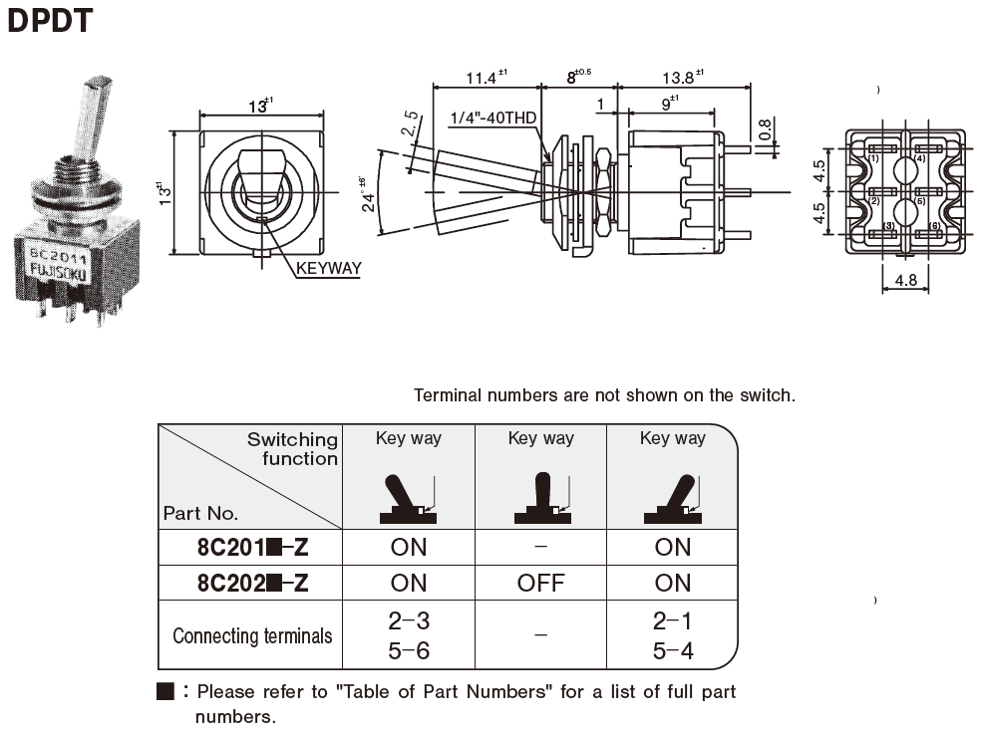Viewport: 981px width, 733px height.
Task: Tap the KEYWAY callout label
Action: [x=328, y=268]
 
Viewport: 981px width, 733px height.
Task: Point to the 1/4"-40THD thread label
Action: [x=492, y=118]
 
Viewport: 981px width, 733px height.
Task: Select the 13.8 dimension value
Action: [x=677, y=78]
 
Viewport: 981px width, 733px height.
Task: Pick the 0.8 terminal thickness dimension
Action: [x=764, y=128]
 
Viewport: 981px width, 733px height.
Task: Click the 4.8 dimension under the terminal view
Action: [x=905, y=281]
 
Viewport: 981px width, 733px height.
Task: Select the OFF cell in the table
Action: [x=540, y=583]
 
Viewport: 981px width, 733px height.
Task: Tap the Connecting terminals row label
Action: [x=252, y=635]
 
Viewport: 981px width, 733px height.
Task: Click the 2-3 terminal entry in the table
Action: [x=408, y=620]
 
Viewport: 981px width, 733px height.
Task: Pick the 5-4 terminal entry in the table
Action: [x=672, y=651]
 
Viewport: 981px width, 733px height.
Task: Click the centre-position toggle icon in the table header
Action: [x=540, y=500]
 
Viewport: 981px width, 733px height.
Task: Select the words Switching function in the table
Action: [x=293, y=449]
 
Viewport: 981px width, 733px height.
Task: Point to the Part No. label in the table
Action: [x=200, y=514]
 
